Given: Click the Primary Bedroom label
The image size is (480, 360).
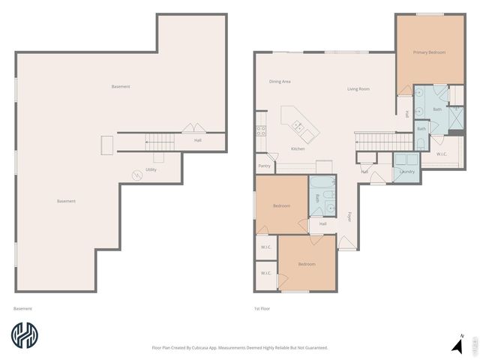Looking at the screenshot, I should point(429,52).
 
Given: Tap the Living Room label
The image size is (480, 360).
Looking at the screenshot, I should point(358,89).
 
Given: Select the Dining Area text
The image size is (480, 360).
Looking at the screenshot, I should point(280,81).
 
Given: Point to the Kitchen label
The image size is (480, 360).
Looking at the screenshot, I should point(298,149).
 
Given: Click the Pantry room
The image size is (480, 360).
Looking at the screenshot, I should point(264,166).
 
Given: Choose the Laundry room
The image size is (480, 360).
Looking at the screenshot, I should point(407,170).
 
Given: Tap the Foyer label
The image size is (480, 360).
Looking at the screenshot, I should point(349,217).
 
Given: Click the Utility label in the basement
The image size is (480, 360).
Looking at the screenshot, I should point(151,169).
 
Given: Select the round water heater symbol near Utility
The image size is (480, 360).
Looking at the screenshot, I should point(136,175).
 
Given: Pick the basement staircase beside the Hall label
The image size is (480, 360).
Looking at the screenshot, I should point(160,140).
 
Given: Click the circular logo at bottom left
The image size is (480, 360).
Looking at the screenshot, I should point(25,337).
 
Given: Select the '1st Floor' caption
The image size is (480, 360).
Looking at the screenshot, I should point(262,308).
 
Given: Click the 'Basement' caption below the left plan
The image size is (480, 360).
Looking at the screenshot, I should point(22,308).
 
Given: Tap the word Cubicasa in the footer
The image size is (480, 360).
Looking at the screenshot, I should point(216,347).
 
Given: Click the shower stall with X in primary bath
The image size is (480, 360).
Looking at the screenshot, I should point(456,118).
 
